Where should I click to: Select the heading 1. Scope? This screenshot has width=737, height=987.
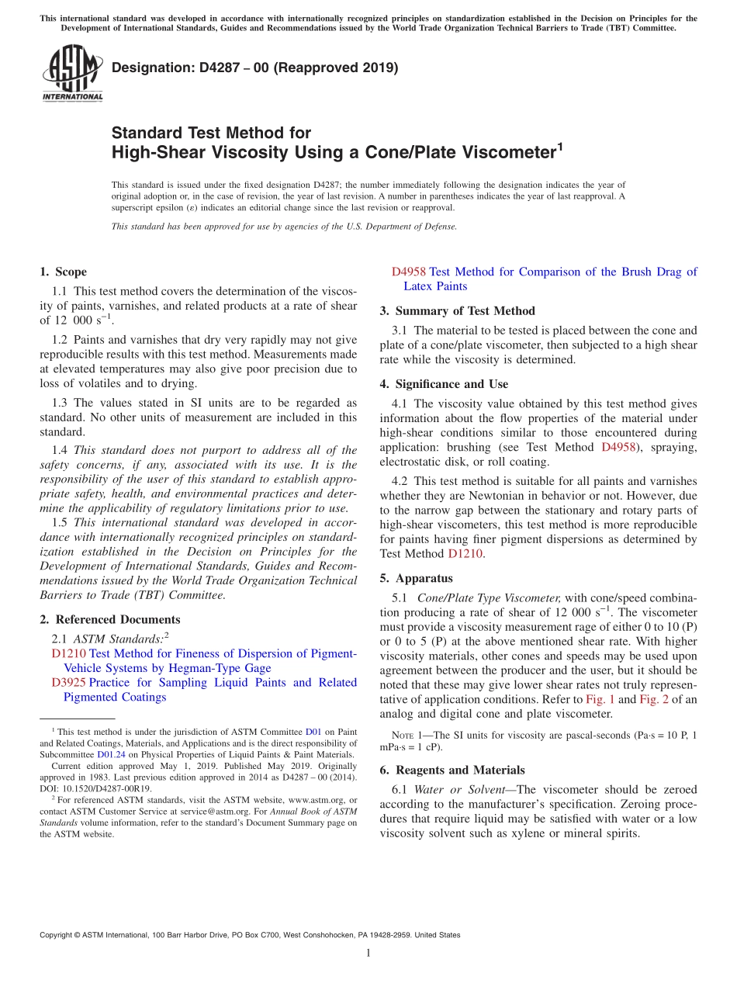click(63, 272)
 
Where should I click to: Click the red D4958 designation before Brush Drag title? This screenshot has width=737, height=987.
click(408, 272)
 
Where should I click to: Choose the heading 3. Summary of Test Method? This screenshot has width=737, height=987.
click(457, 310)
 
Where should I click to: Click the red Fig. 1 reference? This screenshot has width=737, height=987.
click(600, 699)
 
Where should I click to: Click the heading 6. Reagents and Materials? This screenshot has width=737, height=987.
click(452, 770)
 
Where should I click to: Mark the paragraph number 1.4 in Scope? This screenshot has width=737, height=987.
click(60, 450)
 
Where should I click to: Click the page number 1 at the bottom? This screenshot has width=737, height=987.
click(368, 953)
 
